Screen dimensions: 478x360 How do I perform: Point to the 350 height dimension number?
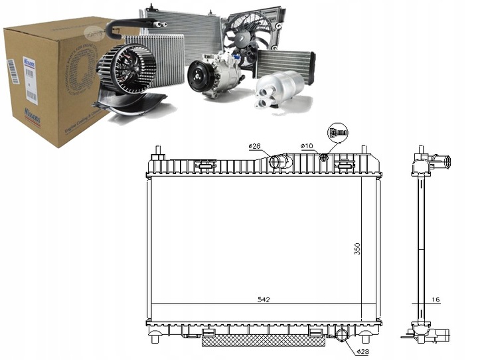pyautogui.click(x=357, y=248)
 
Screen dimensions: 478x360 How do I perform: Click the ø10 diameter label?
pyautogui.click(x=306, y=145)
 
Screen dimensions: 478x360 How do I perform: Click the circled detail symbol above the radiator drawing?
pyautogui.click(x=337, y=132)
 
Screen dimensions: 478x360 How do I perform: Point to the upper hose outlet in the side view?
pyautogui.click(x=445, y=161)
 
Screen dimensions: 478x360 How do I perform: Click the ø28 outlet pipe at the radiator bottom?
pyautogui.click(x=343, y=335)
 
